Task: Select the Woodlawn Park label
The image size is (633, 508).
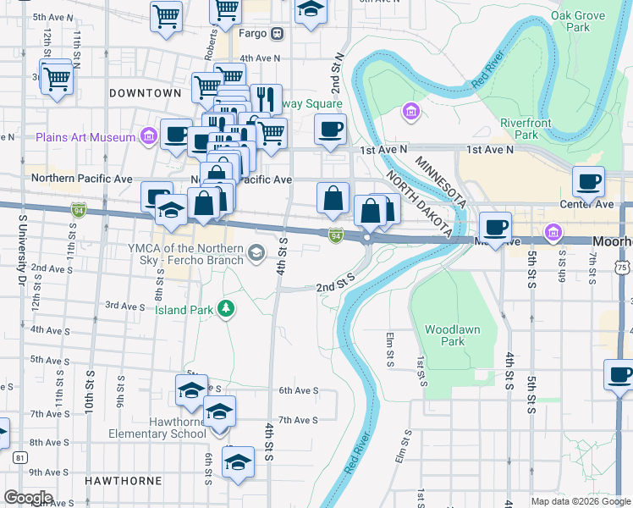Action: [444, 335]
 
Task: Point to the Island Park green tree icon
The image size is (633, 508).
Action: [226, 309]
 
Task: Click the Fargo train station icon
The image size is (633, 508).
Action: [277, 34]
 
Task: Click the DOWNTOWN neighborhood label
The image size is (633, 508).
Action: [145, 92]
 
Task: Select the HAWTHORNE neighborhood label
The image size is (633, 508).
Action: [123, 480]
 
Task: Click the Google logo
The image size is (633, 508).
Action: [28, 497]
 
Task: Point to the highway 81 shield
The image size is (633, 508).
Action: [19, 458]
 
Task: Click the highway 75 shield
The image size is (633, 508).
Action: [622, 268]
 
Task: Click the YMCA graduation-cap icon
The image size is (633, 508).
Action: [255, 252]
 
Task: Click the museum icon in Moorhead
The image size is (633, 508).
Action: [553, 231]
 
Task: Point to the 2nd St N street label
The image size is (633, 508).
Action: [337, 75]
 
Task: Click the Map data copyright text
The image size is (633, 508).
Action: [580, 501]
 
